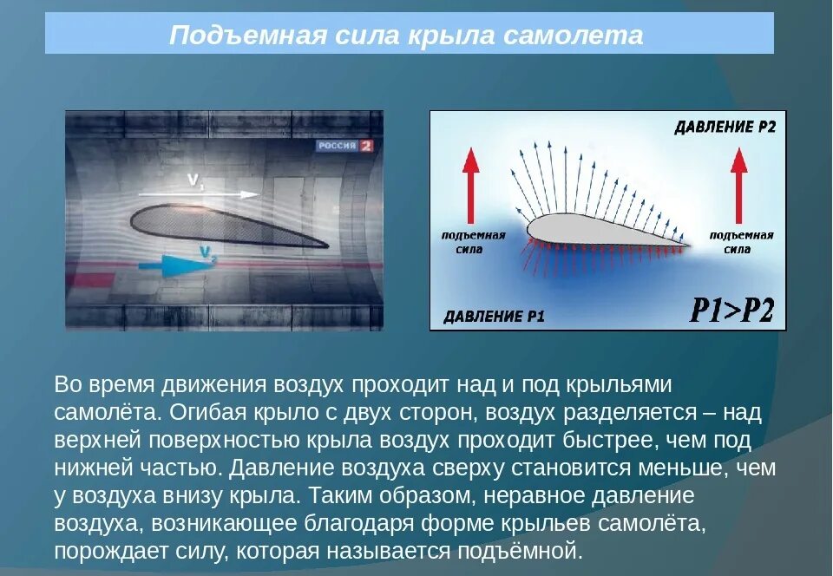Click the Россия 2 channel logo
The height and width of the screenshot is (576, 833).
[344, 146]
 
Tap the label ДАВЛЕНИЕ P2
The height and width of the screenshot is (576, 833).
[725, 128]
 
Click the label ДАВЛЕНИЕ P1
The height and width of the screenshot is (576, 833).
[494, 316]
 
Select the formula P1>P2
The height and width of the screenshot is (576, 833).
[731, 310]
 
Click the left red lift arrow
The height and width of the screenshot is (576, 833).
[469, 185]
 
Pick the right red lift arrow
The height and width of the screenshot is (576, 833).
[738, 185]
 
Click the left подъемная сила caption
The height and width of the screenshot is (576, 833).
[469, 242]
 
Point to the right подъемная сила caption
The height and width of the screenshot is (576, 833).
[741, 242]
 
